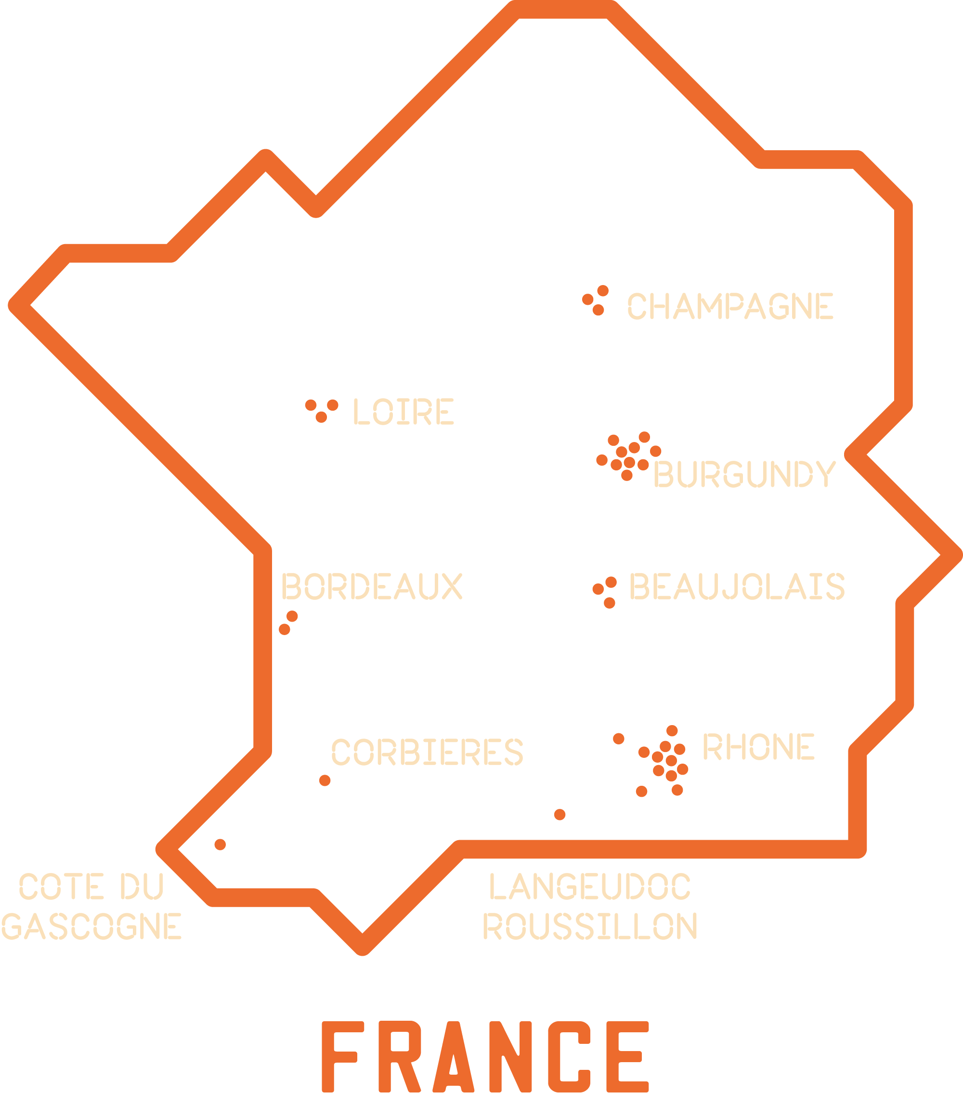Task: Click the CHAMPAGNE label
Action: (x=730, y=306)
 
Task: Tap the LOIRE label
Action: (x=403, y=412)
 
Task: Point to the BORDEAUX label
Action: (x=371, y=586)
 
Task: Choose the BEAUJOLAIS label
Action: (x=737, y=586)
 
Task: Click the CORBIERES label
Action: (x=427, y=752)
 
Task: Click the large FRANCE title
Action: (x=486, y=1057)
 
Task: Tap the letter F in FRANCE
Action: (x=339, y=1057)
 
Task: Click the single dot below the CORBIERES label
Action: (x=325, y=780)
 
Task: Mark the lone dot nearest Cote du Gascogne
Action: (x=220, y=845)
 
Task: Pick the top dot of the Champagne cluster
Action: (x=603, y=291)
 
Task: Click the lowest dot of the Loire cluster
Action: (x=321, y=417)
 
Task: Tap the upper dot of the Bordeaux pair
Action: (x=292, y=616)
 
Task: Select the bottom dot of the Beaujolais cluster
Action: (x=610, y=603)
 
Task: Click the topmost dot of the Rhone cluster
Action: (x=672, y=730)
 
